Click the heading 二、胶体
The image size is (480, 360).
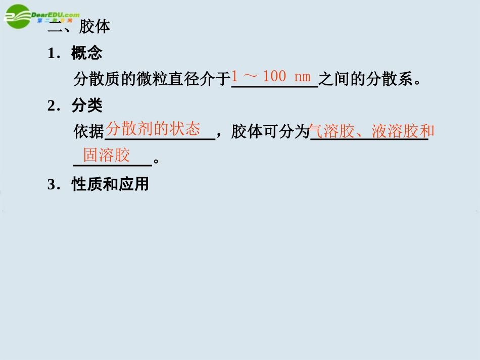click(x=79, y=28)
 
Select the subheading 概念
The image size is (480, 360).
click(x=87, y=54)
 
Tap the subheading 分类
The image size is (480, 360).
click(x=87, y=106)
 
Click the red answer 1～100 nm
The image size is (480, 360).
click(x=271, y=77)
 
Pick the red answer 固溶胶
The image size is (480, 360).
click(x=107, y=155)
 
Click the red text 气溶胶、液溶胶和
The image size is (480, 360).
click(x=372, y=131)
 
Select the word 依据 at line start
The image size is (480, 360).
click(x=88, y=132)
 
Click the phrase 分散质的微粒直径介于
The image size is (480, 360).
click(x=152, y=79)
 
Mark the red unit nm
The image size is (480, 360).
click(x=302, y=77)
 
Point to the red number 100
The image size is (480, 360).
click(x=274, y=77)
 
